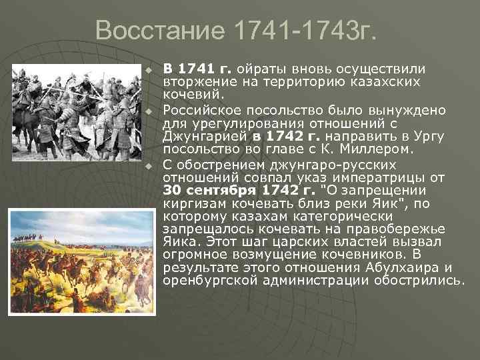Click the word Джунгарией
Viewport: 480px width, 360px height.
(x=205, y=137)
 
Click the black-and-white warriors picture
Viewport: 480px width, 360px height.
(x=78, y=106)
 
